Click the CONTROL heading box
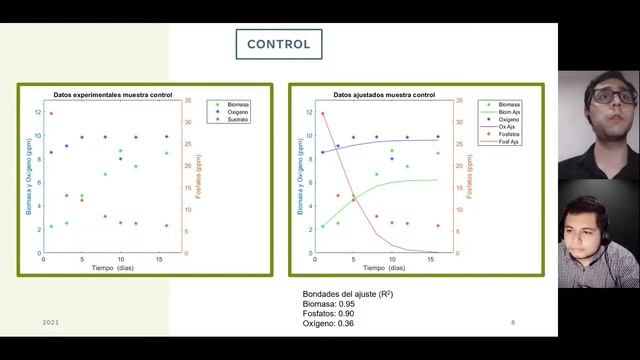278,45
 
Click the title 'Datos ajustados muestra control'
384,94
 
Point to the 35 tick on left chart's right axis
190,100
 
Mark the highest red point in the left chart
51,113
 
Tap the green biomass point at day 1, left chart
51,226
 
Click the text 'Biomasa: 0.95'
329,303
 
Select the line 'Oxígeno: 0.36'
330,323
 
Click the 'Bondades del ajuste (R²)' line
347,293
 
